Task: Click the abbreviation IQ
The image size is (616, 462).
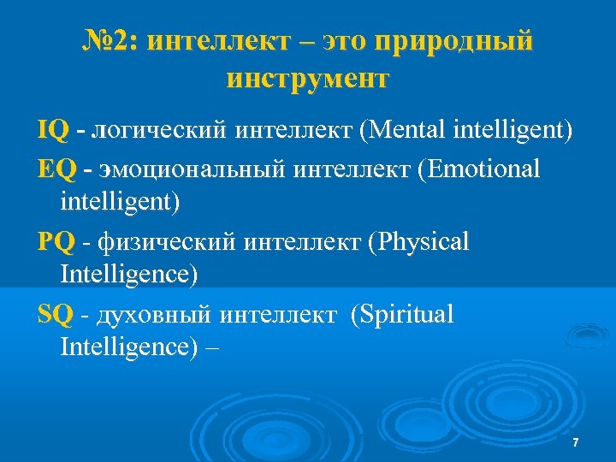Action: pos(53,131)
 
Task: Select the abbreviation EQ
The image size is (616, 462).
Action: pos(56,169)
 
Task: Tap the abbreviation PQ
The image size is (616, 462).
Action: pos(56,243)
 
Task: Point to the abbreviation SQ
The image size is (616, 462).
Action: pos(56,316)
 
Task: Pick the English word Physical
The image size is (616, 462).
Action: pos(423,243)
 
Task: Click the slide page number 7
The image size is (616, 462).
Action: pos(575,442)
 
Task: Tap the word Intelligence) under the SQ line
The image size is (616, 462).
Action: pos(129,347)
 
